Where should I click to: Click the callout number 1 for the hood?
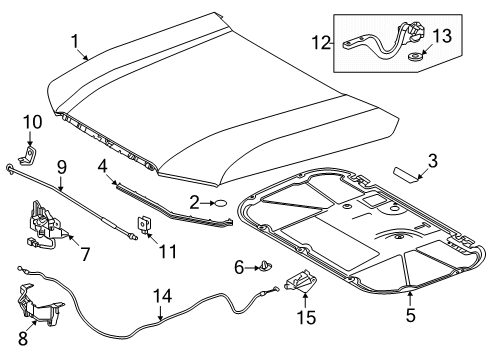pyautogui.click(x=76, y=42)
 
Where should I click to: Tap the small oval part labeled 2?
pyautogui.click(x=221, y=202)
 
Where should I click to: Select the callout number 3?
pyautogui.click(x=432, y=161)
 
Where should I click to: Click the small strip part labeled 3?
pyautogui.click(x=406, y=175)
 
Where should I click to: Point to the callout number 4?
pyautogui.click(x=102, y=166)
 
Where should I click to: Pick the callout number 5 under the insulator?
pyautogui.click(x=411, y=314)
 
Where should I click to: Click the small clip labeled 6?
pyautogui.click(x=266, y=266)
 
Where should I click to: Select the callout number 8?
pyautogui.click(x=23, y=338)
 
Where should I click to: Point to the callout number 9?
pyautogui.click(x=62, y=168)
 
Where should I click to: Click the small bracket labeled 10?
pyautogui.click(x=27, y=155)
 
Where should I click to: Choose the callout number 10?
pyautogui.click(x=33, y=122)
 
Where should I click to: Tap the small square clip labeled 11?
pyautogui.click(x=144, y=224)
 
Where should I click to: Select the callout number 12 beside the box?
pyautogui.click(x=321, y=43)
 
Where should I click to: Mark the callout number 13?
pyautogui.click(x=442, y=36)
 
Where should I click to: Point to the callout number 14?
pyautogui.click(x=163, y=296)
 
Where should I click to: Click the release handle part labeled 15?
pyautogui.click(x=300, y=279)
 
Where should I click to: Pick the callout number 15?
pyautogui.click(x=306, y=317)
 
